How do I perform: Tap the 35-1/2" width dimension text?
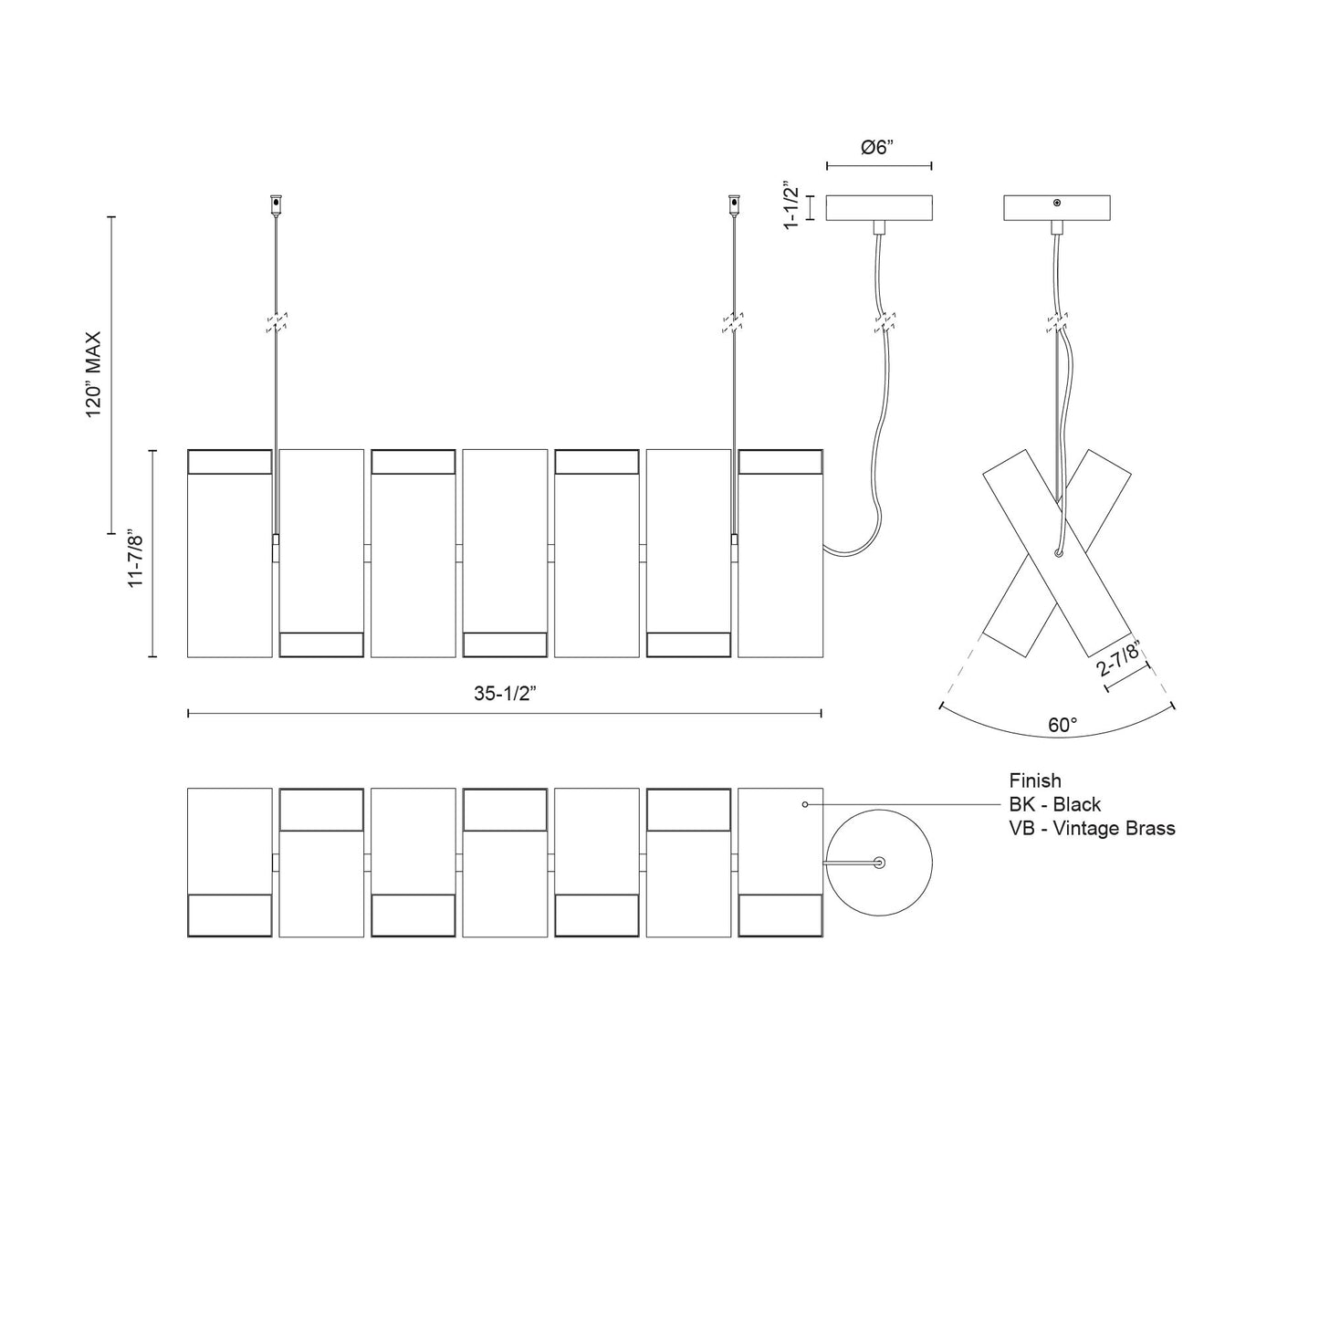pyautogui.click(x=504, y=693)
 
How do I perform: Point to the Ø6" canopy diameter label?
pyautogui.click(x=877, y=149)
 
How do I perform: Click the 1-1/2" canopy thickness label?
pyautogui.click(x=791, y=208)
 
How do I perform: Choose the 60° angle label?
pyautogui.click(x=1063, y=725)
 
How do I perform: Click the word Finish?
pyautogui.click(x=1035, y=780)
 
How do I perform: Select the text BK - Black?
pyautogui.click(x=1054, y=804)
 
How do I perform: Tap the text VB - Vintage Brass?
pyautogui.click(x=1092, y=828)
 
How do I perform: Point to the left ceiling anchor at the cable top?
pyautogui.click(x=275, y=204)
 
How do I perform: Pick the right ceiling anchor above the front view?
pyautogui.click(x=733, y=204)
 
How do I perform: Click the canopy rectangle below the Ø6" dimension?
pyautogui.click(x=878, y=208)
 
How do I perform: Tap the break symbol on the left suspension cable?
pyautogui.click(x=277, y=322)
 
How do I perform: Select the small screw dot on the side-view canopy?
pyautogui.click(x=1057, y=203)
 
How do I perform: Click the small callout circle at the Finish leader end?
pyautogui.click(x=804, y=804)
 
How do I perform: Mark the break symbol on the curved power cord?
pyautogui.click(x=882, y=322)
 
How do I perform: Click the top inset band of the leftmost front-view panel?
pyautogui.click(x=230, y=462)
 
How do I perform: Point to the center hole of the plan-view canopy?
pyautogui.click(x=879, y=862)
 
